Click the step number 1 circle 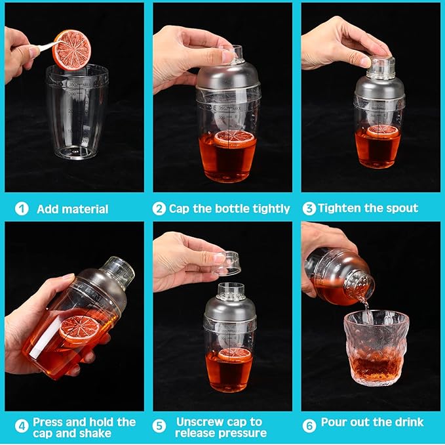[22, 209]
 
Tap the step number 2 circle [159, 209]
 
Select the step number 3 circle [309, 209]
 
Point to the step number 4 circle [22, 427]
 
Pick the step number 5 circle [159, 427]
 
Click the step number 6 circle [309, 426]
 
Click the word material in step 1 [82, 209]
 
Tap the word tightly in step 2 [268, 209]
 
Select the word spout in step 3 [401, 209]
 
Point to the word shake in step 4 [94, 434]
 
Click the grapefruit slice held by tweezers [71, 49]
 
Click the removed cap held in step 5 [228, 261]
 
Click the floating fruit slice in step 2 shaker [234, 137]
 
